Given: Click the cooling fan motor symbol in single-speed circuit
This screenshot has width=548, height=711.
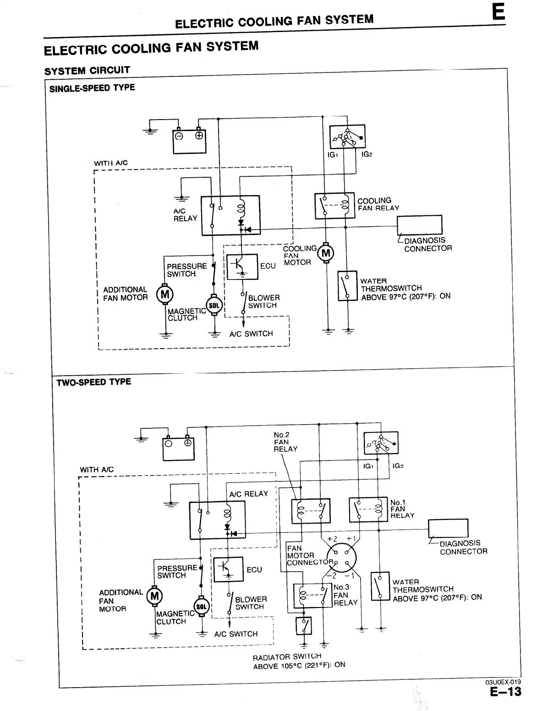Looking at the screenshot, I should pos(326,253).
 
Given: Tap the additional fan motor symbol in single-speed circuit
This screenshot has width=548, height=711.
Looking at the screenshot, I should pos(165,294).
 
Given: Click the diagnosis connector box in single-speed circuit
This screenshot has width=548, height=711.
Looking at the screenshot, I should pos(419,225).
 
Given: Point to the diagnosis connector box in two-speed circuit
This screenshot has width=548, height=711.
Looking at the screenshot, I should pos(448,528).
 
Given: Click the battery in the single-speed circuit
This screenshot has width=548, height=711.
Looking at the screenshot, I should pos(189,141).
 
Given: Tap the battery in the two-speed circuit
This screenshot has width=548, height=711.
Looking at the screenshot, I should pos(178,448).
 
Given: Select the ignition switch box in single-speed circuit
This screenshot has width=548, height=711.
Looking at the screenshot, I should pos(347,137).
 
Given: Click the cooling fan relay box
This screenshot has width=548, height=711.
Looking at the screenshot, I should pos(334,206).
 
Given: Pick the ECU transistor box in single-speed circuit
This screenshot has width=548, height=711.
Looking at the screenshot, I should pos(243,266).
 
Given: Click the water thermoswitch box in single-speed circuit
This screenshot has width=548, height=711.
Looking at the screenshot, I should pos(347,286).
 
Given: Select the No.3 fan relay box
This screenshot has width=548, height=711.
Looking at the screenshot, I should pos(312,596).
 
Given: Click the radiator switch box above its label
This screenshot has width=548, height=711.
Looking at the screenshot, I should pos(304,626).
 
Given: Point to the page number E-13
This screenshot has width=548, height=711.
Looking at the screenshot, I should pos(505,691).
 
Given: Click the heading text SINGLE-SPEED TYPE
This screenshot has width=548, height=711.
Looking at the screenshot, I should pos(92,88).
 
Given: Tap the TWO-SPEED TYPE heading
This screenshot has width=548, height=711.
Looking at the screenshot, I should pos(93,382).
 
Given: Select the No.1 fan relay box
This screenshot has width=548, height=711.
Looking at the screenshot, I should pos(368,510).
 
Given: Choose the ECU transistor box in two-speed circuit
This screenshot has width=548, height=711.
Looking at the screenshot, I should pos(228,569).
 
